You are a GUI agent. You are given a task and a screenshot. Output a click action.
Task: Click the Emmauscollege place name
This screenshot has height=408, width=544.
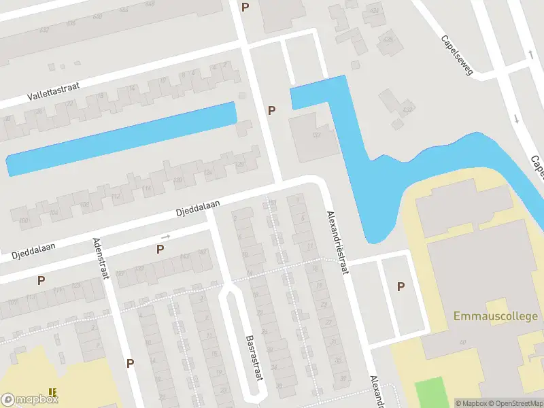pos(496,316)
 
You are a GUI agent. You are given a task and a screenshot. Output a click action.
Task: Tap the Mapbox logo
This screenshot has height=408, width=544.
pos(29,400)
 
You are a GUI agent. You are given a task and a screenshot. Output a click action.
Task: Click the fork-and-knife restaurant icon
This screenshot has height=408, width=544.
pos(52,392)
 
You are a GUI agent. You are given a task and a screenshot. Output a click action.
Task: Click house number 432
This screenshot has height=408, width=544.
pos(407,110)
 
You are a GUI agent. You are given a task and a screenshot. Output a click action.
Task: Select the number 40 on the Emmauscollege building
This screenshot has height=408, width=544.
pos(462,342)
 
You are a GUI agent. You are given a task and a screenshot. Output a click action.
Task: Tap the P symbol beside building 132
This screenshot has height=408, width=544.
pos(272,110)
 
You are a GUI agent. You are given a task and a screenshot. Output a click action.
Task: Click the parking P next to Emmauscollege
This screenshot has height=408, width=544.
pos(401,287)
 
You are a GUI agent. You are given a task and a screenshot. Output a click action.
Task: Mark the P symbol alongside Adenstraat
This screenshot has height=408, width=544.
pos(130,363)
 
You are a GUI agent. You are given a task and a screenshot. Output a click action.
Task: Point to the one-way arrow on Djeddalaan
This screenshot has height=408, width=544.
pos(165,237)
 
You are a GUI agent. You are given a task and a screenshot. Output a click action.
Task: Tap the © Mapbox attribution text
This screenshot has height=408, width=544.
pos(470,403)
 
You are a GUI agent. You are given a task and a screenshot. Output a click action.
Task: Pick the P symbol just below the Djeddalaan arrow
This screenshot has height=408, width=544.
pos(160,250)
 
